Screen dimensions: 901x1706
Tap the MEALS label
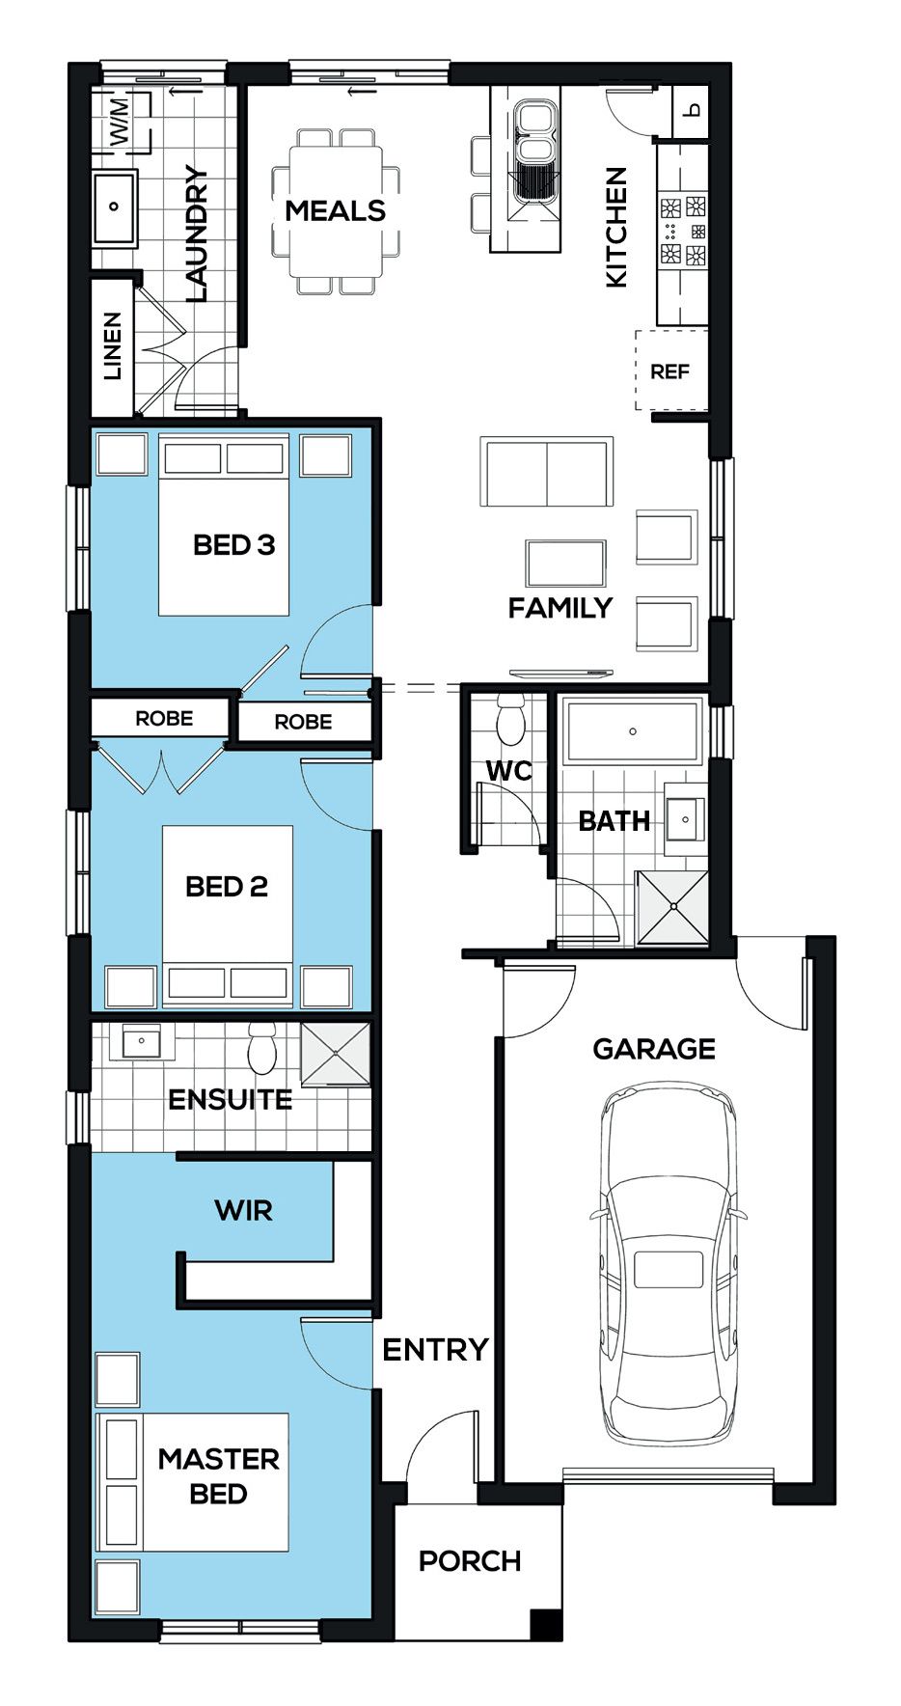coord(335,210)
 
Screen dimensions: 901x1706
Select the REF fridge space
coord(670,371)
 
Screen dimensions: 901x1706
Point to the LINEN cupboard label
coord(113,345)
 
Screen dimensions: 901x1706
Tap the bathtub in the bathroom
coord(632,731)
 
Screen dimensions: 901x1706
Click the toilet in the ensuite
coord(262,1049)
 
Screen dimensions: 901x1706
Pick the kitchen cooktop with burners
coord(683,231)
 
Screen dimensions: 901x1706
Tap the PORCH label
coord(470,1560)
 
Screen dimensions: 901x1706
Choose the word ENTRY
coord(435,1349)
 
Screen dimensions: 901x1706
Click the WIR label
coord(243,1210)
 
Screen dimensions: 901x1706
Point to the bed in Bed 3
coord(224,525)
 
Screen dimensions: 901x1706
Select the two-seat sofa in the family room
coord(546,473)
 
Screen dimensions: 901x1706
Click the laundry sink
coord(115,206)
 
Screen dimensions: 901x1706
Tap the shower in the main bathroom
coord(672,907)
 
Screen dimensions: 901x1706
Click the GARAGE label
coord(654,1049)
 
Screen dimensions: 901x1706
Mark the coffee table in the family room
coord(566,563)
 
